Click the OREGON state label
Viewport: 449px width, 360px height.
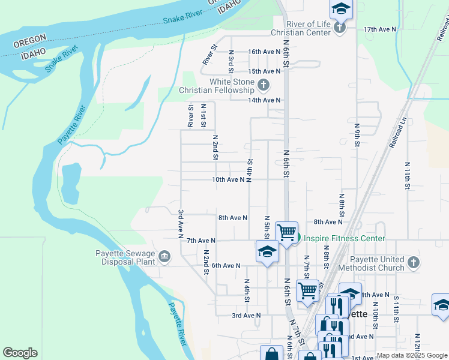pos(30,38)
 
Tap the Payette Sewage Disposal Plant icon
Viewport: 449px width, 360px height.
pos(164,258)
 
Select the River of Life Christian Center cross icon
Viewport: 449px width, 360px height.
pos(340,28)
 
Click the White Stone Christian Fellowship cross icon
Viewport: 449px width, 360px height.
pos(264,86)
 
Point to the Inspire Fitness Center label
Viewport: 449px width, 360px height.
pos(344,239)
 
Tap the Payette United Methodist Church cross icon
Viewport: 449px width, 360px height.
pos(413,262)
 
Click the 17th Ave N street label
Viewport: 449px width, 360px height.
pos(381,29)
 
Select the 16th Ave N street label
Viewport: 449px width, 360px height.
pos(264,52)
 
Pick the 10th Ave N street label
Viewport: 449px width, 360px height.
pos(228,179)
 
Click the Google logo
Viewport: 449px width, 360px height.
pos(20,353)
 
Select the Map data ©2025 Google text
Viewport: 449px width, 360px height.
pos(412,356)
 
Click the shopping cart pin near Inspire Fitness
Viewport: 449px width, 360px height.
pos(287,232)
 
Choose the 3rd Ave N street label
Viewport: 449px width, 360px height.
pos(246,315)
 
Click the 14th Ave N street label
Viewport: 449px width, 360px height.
pos(264,100)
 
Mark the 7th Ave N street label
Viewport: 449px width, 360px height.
pos(200,241)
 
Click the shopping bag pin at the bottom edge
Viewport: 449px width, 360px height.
pos(271,353)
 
